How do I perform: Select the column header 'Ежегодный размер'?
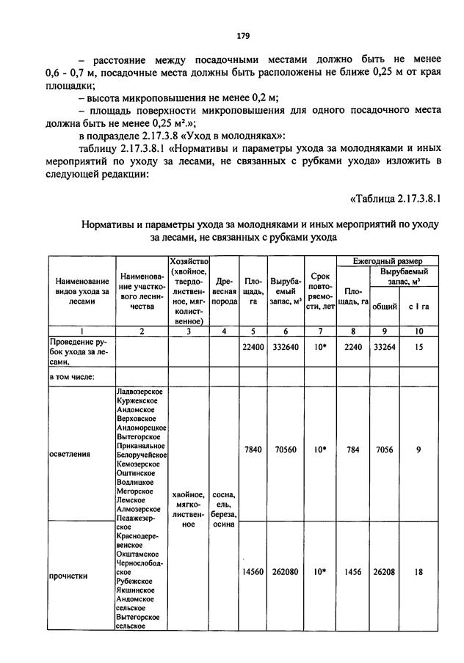tap(388, 261)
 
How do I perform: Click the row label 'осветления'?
tap(70, 453)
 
